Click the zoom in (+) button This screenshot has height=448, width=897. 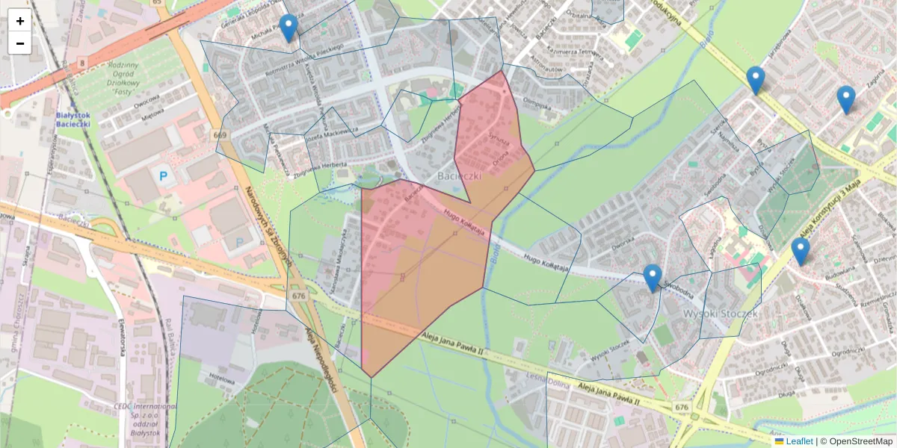[19, 21]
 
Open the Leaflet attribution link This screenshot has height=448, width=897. [798, 441]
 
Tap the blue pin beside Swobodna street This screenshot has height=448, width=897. [653, 278]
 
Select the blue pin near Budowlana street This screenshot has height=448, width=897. [801, 251]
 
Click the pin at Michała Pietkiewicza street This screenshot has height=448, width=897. [288, 28]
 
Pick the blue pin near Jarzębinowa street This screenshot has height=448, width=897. [756, 80]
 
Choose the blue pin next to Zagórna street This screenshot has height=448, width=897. [845, 99]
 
